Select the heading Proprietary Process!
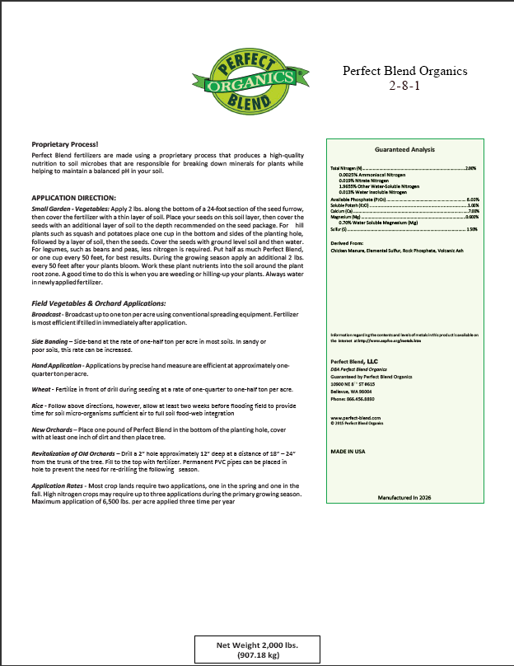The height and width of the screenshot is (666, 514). coord(64,143)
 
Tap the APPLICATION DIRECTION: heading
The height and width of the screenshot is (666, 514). coord(74,199)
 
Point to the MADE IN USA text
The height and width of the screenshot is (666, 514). coord(349,453)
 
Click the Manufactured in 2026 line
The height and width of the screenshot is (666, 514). coord(404,499)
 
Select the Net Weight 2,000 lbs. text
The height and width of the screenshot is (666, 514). coord(257,645)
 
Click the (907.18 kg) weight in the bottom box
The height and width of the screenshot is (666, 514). coord(257,656)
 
